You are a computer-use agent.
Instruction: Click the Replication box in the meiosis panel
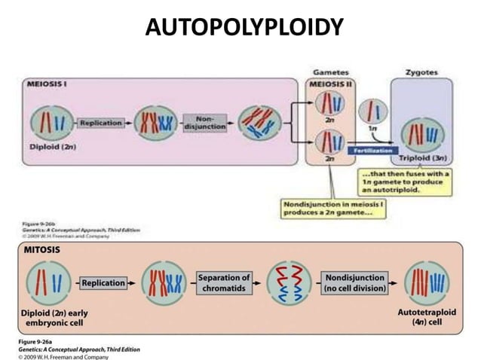pyautogui.click(x=101, y=121)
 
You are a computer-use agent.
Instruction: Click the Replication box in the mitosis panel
pyautogui.click(x=104, y=283)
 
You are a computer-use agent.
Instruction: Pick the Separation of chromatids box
pyautogui.click(x=224, y=283)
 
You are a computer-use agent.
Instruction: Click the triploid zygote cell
pyautogui.click(x=421, y=132)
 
